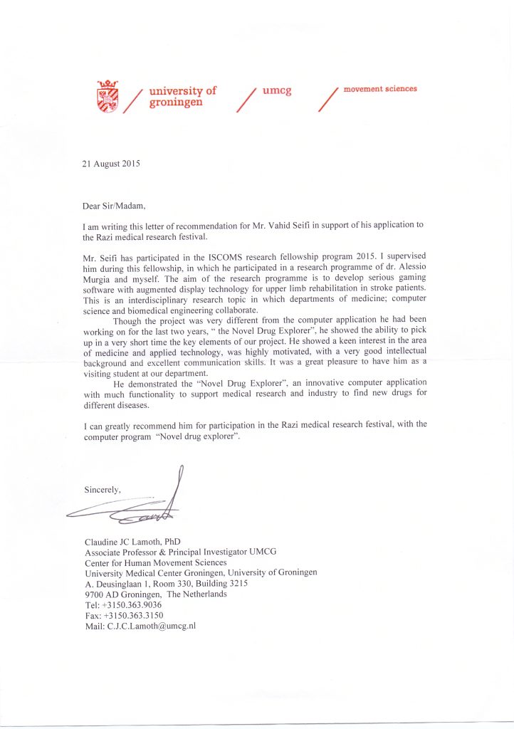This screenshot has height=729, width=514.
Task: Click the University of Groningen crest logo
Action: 107,96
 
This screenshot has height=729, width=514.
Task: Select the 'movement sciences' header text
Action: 380,89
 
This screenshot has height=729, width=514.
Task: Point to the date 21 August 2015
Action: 112,163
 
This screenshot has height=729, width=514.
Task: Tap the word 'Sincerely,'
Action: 103,490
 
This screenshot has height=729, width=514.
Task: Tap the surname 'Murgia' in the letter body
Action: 100,276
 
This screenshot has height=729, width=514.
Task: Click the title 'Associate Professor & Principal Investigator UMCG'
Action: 180,551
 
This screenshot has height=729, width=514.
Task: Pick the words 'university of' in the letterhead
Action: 183,91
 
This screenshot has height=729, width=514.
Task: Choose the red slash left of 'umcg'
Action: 246,99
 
